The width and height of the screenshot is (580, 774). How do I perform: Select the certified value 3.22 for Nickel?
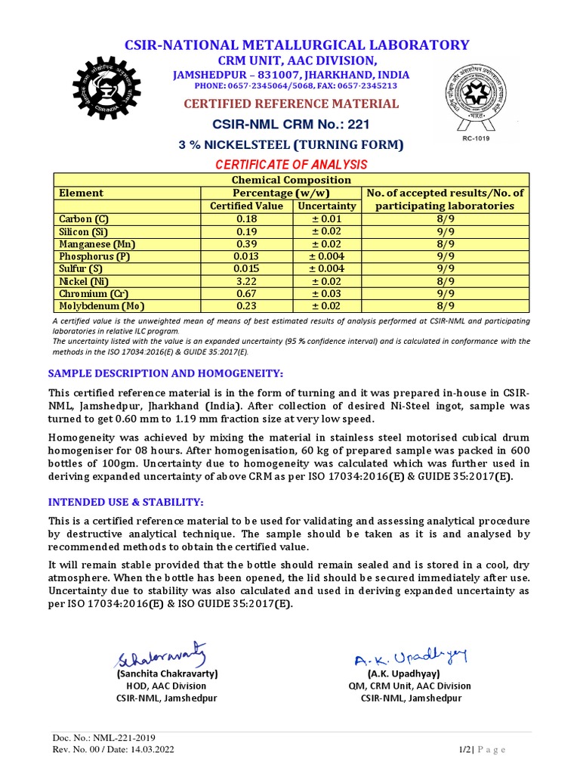point(246,281)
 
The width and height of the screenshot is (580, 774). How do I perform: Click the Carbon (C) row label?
point(84,218)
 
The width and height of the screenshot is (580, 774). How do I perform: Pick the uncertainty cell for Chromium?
point(326,294)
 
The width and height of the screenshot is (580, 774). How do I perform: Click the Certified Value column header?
point(246,206)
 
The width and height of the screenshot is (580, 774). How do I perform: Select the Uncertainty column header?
point(326,206)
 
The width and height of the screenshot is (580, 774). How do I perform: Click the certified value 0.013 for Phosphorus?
point(246,256)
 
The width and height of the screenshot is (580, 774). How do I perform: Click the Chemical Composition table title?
point(291,180)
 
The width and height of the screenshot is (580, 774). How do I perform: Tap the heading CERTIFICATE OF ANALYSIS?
point(291,164)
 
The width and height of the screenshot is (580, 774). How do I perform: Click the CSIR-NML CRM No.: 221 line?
point(291,125)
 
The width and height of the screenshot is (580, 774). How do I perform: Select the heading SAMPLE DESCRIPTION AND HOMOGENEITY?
point(165,373)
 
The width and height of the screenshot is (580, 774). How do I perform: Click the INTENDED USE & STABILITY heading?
point(126,503)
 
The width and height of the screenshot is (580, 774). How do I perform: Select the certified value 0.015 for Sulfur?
point(246,269)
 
